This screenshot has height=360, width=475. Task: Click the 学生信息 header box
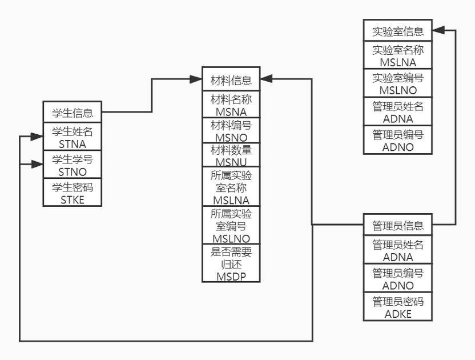coord(73,112)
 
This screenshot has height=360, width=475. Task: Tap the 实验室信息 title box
coord(398,30)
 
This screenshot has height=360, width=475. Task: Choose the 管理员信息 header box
coord(398,225)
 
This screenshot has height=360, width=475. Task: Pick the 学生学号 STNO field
coord(73,165)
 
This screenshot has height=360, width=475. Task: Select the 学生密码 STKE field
coord(73,193)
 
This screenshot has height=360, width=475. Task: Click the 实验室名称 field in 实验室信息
coord(398,55)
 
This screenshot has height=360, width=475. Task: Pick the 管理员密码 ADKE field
coord(398,306)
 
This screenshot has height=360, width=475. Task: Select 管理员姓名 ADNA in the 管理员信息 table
coord(398,250)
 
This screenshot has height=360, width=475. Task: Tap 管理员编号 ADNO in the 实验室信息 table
coord(398,140)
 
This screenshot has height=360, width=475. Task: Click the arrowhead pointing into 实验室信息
coord(439,30)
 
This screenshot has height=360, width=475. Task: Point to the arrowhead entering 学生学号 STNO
coord(37,165)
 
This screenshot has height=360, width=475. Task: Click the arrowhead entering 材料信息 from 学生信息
coord(196,79)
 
